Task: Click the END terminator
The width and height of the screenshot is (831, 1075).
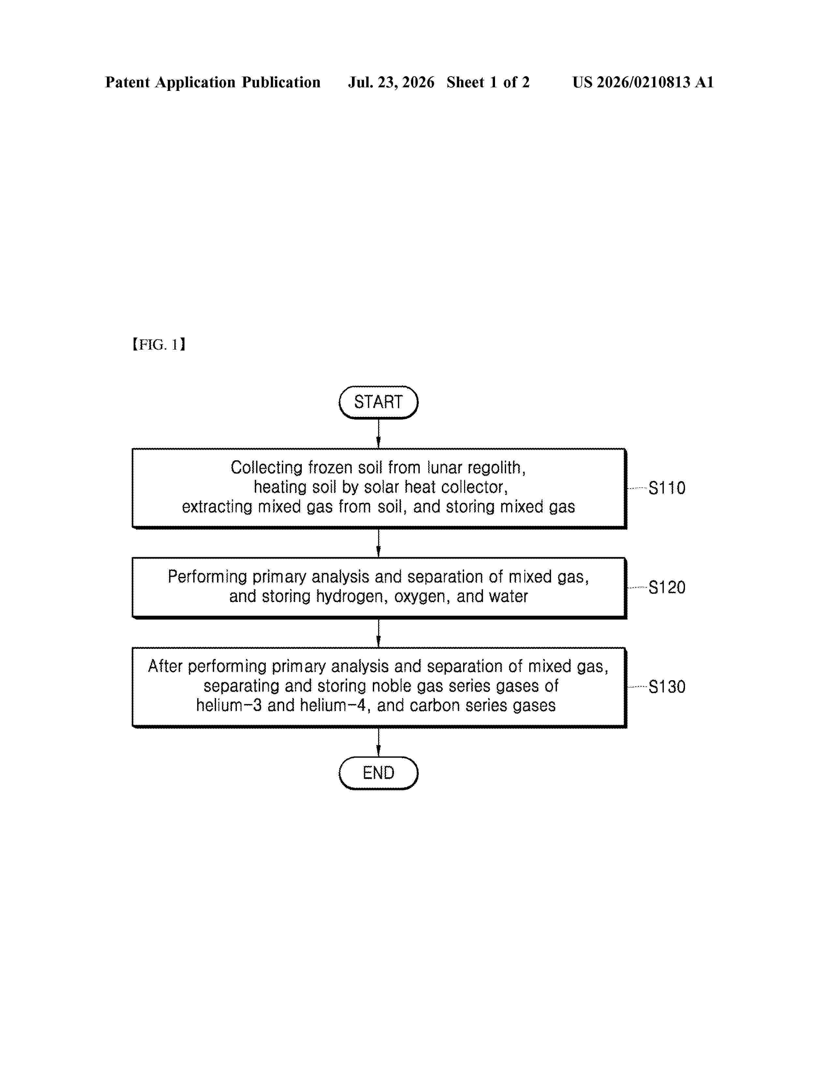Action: (x=378, y=773)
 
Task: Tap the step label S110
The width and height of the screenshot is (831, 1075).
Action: (x=666, y=488)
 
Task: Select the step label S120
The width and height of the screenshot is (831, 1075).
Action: (x=666, y=587)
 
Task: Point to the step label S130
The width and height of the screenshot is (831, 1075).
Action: (x=666, y=687)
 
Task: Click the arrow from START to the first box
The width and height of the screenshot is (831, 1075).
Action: (x=378, y=434)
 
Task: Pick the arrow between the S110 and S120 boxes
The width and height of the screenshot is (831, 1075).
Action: (x=378, y=543)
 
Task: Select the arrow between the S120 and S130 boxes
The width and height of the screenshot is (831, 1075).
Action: (x=378, y=633)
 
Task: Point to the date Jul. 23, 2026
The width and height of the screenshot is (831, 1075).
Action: (x=391, y=82)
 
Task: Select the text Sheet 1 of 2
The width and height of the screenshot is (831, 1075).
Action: (x=488, y=82)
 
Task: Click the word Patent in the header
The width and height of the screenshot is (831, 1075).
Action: (x=127, y=82)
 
